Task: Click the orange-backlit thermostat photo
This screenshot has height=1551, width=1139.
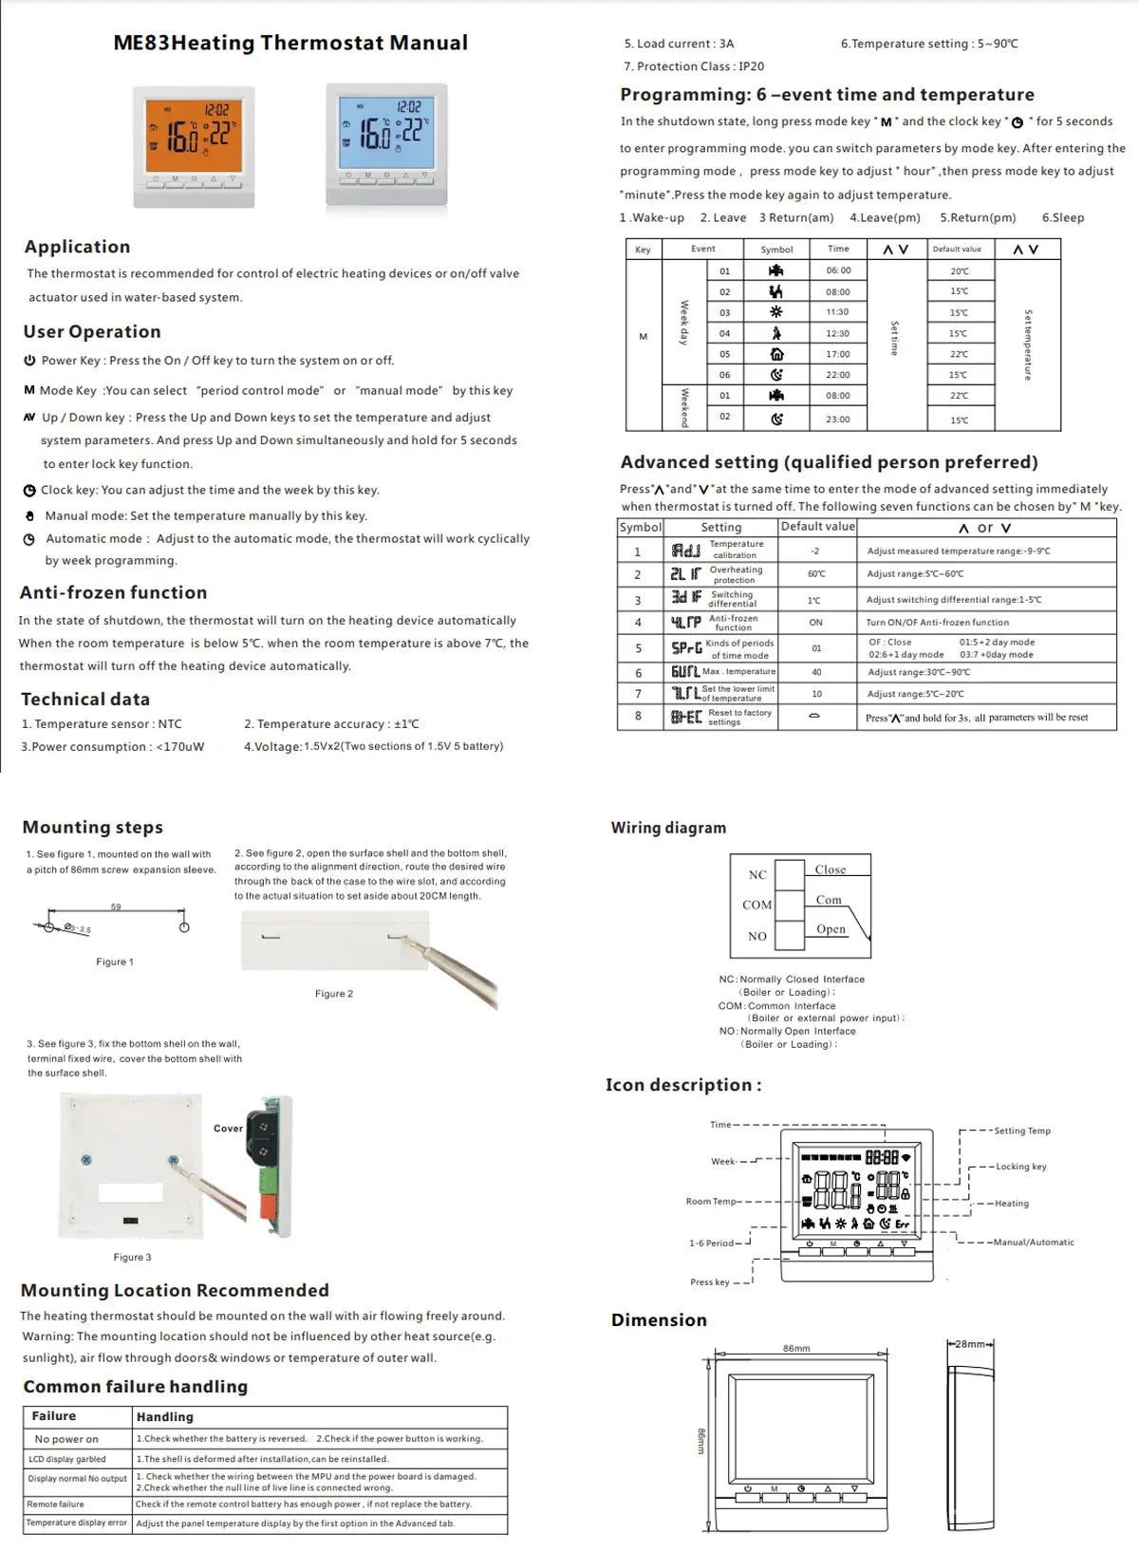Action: tap(194, 145)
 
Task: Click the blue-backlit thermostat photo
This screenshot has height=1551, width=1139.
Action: tap(386, 143)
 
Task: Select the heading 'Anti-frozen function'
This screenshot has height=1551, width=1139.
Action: tap(113, 592)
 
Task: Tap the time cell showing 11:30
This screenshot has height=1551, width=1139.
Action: tap(837, 311)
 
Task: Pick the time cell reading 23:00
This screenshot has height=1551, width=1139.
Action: tap(837, 419)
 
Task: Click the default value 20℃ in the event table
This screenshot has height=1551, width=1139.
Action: tap(959, 271)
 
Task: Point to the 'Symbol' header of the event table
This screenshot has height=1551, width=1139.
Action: tap(776, 250)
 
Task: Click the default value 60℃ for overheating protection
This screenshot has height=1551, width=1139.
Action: tap(815, 573)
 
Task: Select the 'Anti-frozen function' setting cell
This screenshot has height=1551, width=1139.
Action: tap(733, 623)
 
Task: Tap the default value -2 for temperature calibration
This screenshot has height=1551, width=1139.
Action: tap(815, 551)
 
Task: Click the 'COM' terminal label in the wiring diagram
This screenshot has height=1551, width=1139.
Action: tap(756, 905)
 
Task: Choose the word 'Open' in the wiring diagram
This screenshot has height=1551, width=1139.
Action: tap(831, 929)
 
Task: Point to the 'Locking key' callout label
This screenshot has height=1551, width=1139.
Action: tap(1020, 1167)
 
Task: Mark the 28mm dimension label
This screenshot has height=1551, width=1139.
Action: tap(969, 1344)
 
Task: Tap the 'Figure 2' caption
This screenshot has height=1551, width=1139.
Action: tap(334, 994)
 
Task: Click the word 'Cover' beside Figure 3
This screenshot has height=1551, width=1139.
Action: tap(228, 1129)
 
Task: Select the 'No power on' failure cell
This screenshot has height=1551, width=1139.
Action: tap(66, 1439)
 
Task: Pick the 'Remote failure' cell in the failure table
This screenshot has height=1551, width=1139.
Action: tap(56, 1504)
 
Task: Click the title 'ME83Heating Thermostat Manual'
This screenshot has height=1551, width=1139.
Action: tap(290, 43)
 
